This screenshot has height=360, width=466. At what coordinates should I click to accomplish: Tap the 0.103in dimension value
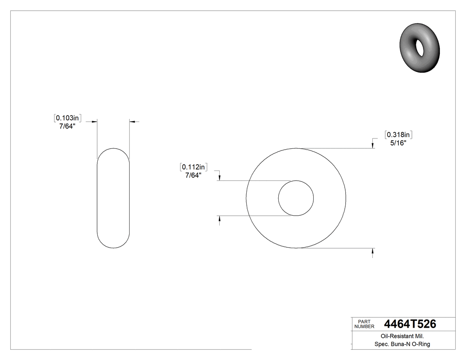click(x=67, y=118)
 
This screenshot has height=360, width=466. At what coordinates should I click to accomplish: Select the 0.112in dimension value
click(x=194, y=167)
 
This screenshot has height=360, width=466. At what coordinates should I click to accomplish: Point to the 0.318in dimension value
click(x=399, y=135)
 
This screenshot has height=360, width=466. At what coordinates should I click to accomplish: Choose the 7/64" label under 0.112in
click(x=193, y=175)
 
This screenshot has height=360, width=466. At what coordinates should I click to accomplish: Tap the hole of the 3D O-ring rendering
click(x=419, y=47)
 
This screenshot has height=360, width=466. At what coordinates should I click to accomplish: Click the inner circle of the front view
click(x=296, y=198)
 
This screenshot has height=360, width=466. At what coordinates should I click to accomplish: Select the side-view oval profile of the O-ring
click(x=113, y=198)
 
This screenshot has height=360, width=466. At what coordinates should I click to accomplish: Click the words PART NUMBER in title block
click(x=364, y=324)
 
